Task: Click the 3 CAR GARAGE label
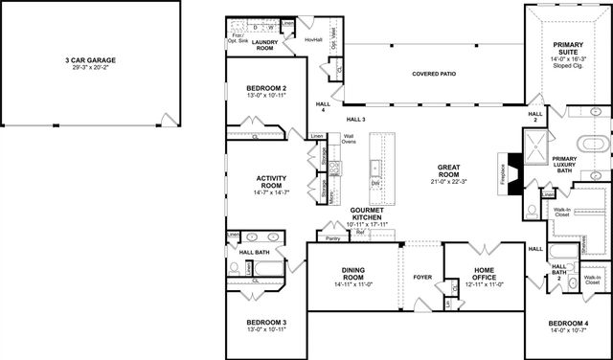click(x=91, y=60)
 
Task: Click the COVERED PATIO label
click(x=434, y=74)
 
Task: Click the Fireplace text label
click(x=502, y=176)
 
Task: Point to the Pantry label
click(x=332, y=237)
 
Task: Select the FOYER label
click(x=421, y=280)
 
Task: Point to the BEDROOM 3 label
click(x=266, y=323)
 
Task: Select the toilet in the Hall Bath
click(x=236, y=266)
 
